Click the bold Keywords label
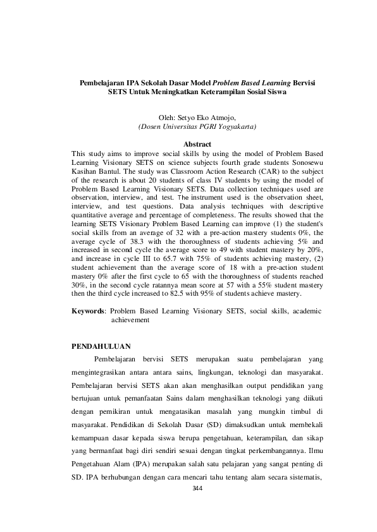[89, 311]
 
